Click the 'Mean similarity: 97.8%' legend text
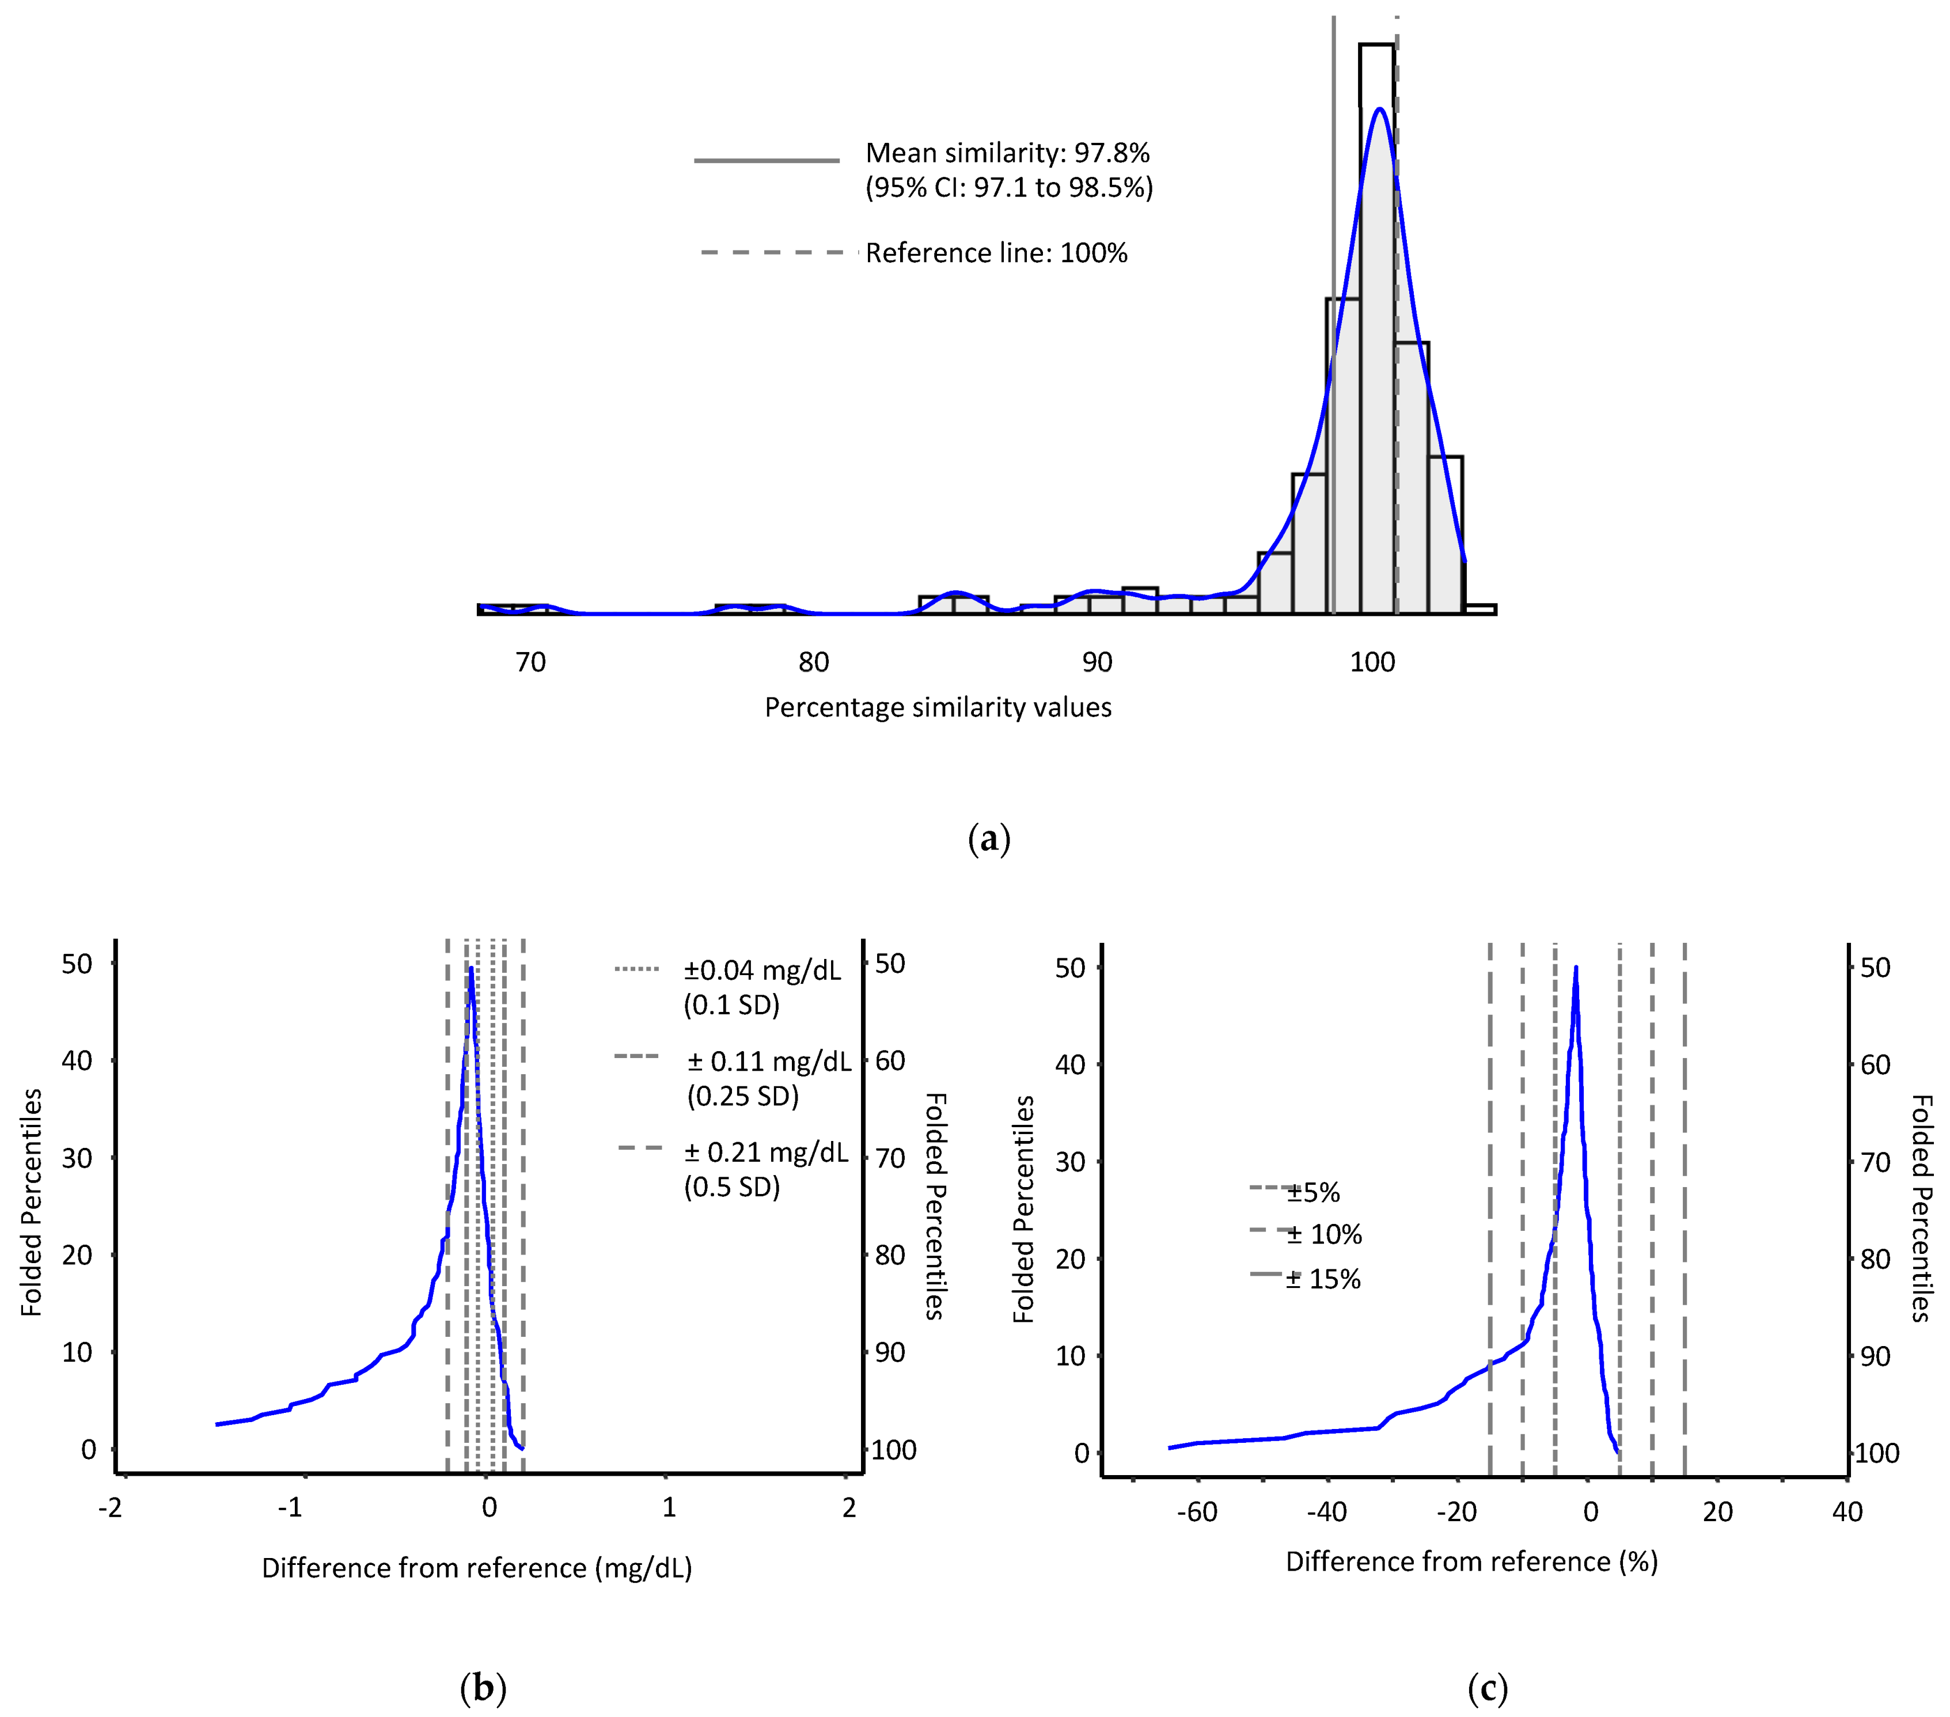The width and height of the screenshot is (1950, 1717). tap(1007, 153)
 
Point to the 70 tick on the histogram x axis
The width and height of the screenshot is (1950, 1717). tap(530, 662)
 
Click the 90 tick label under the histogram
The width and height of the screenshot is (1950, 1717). tap(1097, 662)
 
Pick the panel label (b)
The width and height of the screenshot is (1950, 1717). tap(483, 1688)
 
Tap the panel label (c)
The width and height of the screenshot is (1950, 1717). tap(1488, 1688)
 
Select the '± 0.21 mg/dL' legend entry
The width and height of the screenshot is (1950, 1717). tap(766, 1153)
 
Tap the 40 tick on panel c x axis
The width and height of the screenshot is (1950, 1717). tap(1847, 1512)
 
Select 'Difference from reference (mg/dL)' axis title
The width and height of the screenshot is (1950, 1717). tap(476, 1568)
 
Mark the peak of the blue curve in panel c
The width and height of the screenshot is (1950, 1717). tap(1575, 967)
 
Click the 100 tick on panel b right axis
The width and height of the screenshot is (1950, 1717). tap(894, 1450)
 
